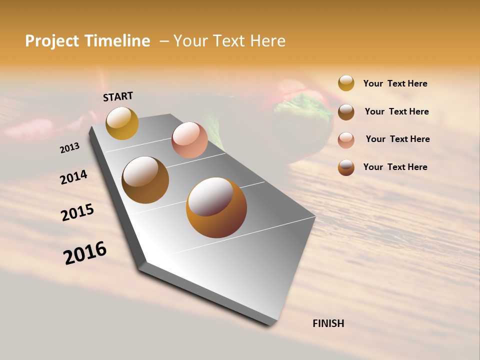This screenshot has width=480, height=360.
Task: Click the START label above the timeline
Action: [118, 96]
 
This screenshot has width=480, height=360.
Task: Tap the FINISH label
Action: [328, 323]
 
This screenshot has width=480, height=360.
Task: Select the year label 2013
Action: [69, 148]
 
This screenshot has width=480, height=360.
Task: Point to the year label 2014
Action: [73, 177]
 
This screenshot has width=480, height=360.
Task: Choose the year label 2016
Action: [85, 252]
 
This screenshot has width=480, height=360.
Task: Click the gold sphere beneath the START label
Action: [122, 123]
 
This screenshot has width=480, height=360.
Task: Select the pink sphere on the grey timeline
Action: [189, 140]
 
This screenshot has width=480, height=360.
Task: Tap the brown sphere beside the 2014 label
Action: [145, 180]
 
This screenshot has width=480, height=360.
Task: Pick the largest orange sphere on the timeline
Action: [216, 207]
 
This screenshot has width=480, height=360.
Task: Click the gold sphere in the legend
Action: [346, 83]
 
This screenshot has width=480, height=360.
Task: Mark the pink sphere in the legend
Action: [346, 139]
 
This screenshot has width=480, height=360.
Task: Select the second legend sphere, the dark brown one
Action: [346, 112]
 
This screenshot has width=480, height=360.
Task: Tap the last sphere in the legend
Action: [346, 167]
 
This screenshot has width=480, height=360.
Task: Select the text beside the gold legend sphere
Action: [395, 83]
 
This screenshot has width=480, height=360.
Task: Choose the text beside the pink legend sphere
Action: [397, 139]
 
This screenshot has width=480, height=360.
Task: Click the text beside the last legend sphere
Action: [395, 167]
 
